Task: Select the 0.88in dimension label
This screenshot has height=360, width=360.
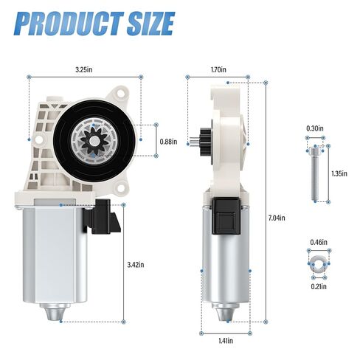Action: pyautogui.click(x=168, y=142)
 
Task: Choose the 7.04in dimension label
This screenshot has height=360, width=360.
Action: pyautogui.click(x=277, y=218)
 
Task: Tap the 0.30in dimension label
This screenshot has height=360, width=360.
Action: pyautogui.click(x=314, y=129)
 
